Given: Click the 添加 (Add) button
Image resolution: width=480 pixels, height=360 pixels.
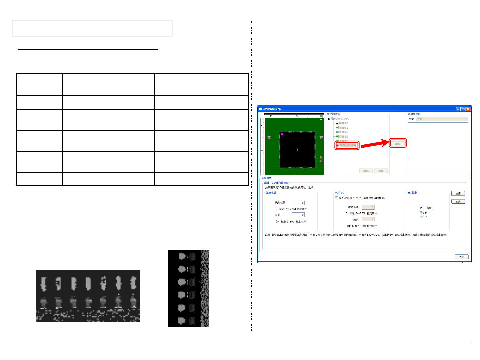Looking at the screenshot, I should coord(398,144).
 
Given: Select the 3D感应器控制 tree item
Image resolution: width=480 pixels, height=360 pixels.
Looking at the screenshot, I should coord(347,145).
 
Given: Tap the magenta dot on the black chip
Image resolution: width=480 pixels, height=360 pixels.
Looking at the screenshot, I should coord(282,134).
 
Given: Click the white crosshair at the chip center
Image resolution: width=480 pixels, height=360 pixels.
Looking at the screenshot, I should coord(297,150).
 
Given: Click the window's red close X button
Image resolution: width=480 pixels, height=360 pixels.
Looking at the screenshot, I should coord(468,109).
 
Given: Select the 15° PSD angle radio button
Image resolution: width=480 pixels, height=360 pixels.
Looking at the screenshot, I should coord(421,213).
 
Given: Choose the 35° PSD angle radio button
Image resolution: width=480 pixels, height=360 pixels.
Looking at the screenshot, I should coord(421,217).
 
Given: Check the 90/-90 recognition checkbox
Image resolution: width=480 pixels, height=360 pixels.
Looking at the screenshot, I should coord(336,198).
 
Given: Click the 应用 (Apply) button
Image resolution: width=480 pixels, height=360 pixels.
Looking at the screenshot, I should coord(458,193).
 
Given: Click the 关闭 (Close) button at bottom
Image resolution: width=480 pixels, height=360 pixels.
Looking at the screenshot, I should coord(462,257).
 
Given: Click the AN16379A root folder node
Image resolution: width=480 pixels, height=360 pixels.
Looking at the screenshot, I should coord(341,119).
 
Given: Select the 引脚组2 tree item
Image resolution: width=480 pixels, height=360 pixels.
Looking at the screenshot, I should coord(343,132).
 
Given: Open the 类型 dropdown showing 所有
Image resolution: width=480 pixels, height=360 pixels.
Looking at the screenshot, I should coord(442,119).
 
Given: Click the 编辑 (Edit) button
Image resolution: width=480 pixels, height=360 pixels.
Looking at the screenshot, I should coord(366,171).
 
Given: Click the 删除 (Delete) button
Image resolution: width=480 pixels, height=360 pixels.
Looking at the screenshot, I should coord(381,171).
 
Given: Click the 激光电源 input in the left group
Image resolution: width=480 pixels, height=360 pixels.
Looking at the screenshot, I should coord(298,203).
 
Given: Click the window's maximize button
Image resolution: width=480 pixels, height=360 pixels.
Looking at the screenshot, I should coord(463,109).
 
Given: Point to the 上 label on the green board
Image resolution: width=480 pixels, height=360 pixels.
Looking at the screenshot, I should coord(296,121).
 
